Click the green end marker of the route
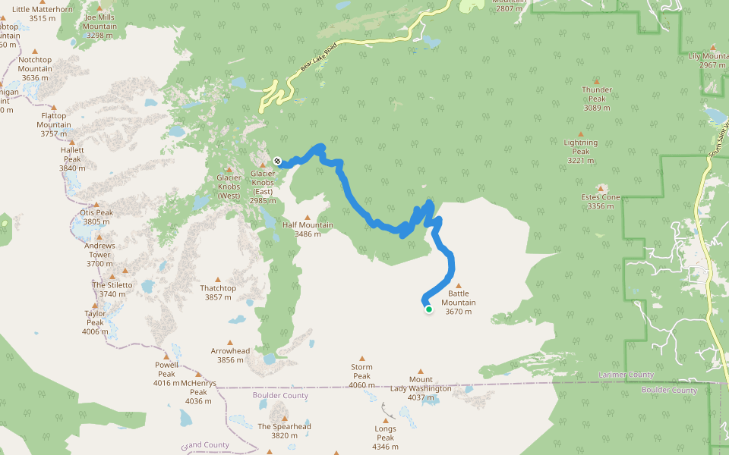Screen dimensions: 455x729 point(428,309)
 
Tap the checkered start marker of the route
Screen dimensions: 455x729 point(278,161)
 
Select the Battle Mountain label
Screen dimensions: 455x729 point(458,302)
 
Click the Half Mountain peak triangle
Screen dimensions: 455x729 point(308,217)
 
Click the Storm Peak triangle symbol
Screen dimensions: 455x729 point(361,359)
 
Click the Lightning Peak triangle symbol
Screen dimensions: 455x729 point(581,134)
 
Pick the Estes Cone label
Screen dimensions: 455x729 point(601,202)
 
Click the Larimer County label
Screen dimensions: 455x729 point(626,375)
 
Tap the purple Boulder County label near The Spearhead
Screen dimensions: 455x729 point(280,396)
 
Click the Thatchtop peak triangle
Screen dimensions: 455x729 point(218,280)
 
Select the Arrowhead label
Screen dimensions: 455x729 point(230,355)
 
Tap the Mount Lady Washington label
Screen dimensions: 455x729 point(421,384)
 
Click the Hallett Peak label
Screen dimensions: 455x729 point(72,155)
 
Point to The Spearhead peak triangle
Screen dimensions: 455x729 point(285,418)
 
